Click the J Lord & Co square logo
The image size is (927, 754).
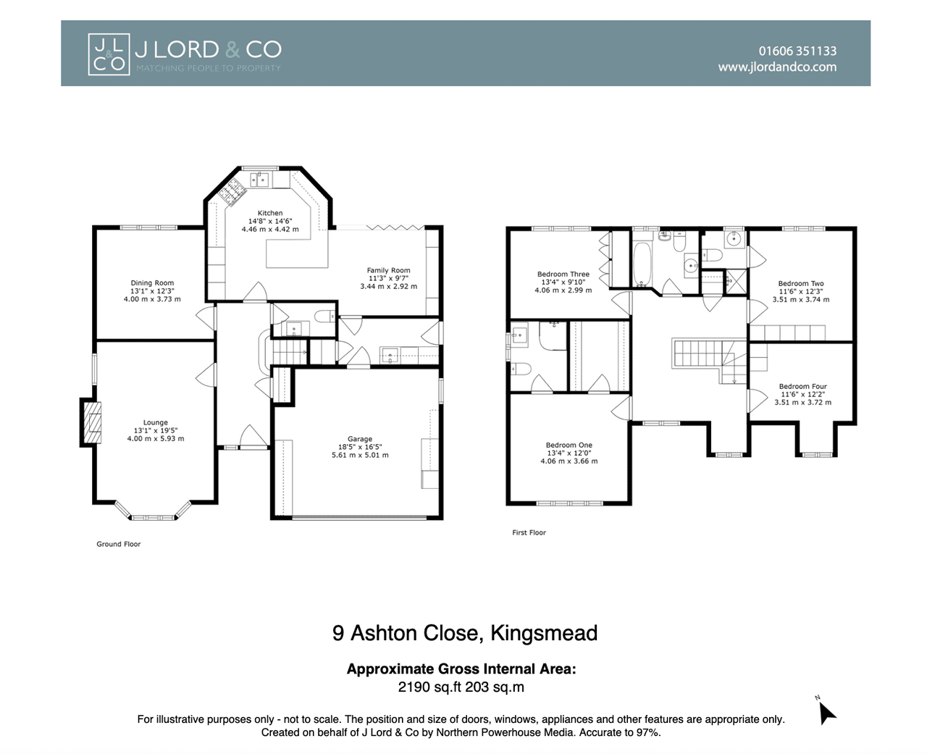pos(109,54)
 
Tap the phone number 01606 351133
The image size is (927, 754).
pos(797,51)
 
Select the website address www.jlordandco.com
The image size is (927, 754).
pos(777,67)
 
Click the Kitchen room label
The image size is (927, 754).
pos(270,213)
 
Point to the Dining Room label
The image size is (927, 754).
pos(152,283)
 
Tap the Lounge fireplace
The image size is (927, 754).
pos(91,422)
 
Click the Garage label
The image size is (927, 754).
pos(360,439)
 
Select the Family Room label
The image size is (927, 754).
pos(388,270)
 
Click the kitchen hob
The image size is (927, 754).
pos(232,192)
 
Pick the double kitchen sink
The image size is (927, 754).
pos(259,180)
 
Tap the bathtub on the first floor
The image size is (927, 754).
pos(642,264)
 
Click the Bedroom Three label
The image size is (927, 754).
pos(563,275)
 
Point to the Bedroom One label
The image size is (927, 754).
pos(569,445)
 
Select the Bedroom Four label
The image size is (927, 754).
pos(802,386)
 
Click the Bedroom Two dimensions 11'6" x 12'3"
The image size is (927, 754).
pos(801,292)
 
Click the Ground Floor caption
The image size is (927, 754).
pos(118,544)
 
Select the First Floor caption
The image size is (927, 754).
pos(529,532)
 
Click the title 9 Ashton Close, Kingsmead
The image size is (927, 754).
pos(465,633)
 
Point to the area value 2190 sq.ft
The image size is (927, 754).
pos(429,687)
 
